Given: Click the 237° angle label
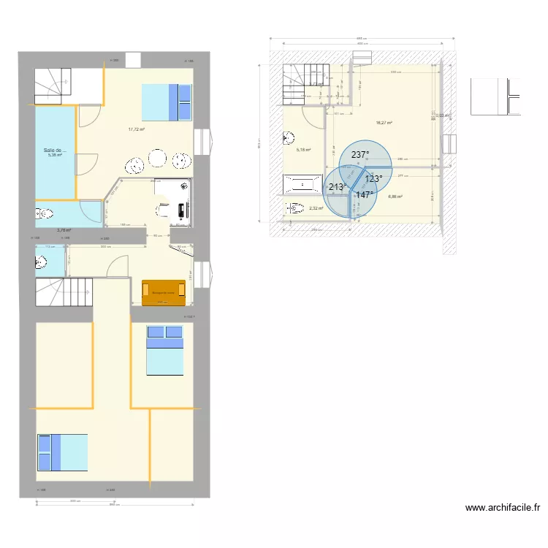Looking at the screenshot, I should click(360, 155).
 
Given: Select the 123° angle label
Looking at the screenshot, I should click(373, 179).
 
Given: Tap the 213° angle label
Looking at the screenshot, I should click(338, 187).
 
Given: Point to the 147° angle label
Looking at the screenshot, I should click(365, 195).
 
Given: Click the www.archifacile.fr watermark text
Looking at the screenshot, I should click(502, 508).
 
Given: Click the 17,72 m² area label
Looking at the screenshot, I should click(136, 129).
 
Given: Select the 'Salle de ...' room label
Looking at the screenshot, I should click(55, 151).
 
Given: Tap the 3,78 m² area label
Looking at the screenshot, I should click(64, 230).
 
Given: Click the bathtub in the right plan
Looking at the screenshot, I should click(302, 185).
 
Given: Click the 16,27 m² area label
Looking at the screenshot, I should click(384, 123).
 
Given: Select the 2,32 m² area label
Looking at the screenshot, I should click(315, 208).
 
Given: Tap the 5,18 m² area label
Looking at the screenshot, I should click(303, 150).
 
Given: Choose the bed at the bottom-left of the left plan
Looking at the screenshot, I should click(63, 452).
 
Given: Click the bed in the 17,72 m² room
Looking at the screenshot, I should click(167, 102).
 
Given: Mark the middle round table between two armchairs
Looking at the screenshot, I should click(157, 158).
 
